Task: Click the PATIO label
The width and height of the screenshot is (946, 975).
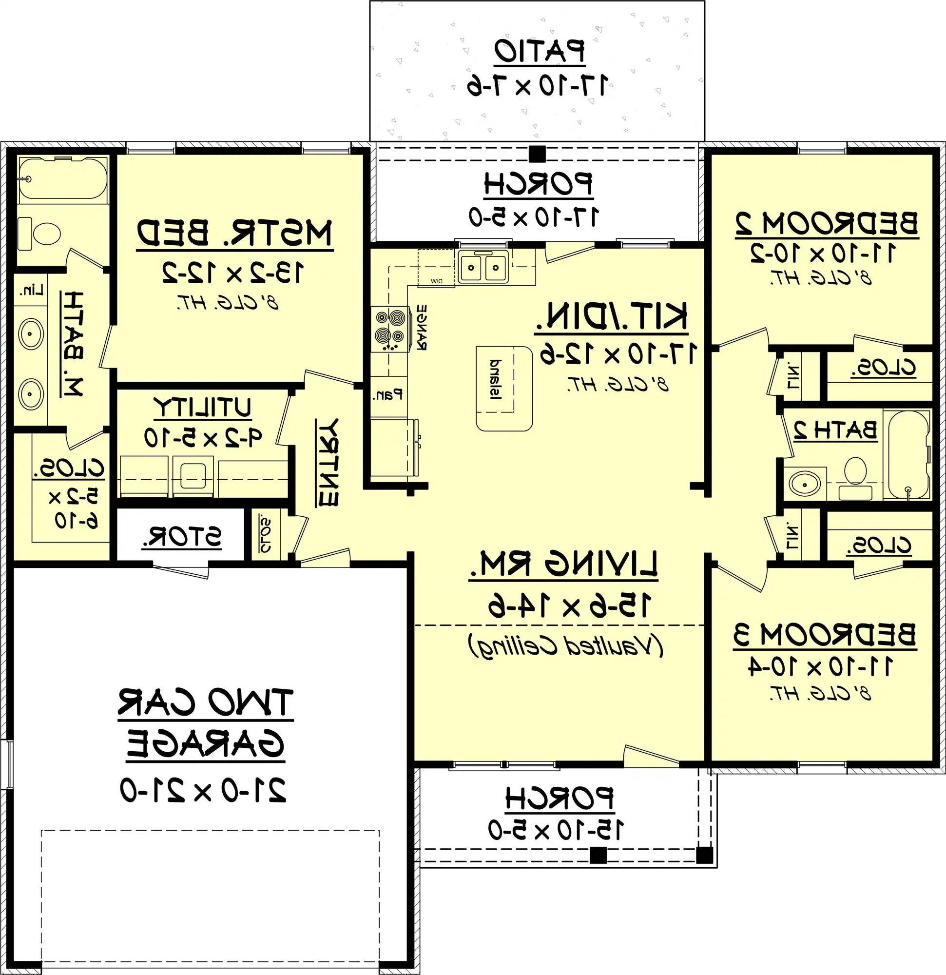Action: (539, 51)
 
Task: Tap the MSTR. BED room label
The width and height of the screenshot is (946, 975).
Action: (234, 233)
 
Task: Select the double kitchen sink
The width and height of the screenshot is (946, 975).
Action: (483, 268)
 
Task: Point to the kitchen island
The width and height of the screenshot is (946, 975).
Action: (504, 389)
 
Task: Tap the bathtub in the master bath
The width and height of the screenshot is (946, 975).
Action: (63, 178)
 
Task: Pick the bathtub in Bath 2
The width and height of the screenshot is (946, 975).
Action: (908, 454)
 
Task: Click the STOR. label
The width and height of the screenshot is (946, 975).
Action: (181, 536)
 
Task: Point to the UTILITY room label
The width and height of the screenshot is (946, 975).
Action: (202, 408)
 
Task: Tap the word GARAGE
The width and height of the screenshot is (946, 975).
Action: (205, 745)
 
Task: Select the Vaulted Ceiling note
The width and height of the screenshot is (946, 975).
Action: (565, 646)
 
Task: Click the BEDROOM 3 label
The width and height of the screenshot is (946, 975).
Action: (825, 635)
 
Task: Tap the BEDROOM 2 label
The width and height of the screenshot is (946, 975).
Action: (827, 223)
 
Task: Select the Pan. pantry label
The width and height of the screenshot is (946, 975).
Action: (387, 395)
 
